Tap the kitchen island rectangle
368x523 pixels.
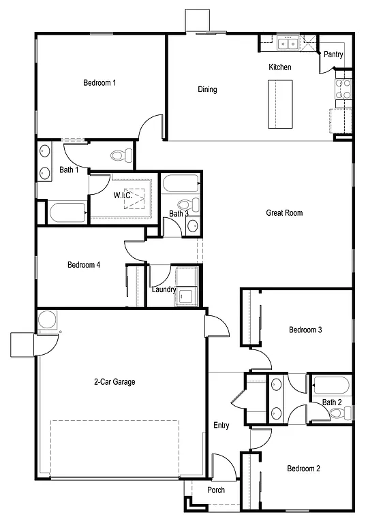(x=279, y=104)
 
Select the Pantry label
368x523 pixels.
(x=333, y=55)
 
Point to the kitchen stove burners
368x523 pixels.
(x=343, y=89)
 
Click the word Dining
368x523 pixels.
(x=207, y=89)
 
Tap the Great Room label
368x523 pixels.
(x=284, y=213)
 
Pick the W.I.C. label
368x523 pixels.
(x=123, y=195)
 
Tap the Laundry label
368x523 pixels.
(x=164, y=289)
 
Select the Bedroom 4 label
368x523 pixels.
(x=84, y=265)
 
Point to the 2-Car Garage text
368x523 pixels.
(x=114, y=382)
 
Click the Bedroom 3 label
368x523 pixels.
(x=305, y=330)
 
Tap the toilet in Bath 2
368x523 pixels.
(x=345, y=413)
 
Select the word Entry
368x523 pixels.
(x=221, y=426)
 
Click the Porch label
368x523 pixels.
(x=216, y=490)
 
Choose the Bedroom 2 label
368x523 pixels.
(x=303, y=469)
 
